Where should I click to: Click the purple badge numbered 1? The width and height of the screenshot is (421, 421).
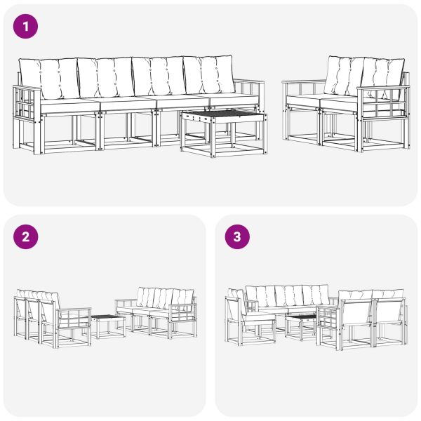click(x=26, y=27)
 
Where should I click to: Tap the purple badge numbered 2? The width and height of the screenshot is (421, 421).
click(x=26, y=236)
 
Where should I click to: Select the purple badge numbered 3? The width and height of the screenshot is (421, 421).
click(x=236, y=236)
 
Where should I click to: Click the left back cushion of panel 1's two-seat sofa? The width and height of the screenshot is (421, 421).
click(x=344, y=74)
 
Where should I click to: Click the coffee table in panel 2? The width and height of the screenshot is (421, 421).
click(x=108, y=321)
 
